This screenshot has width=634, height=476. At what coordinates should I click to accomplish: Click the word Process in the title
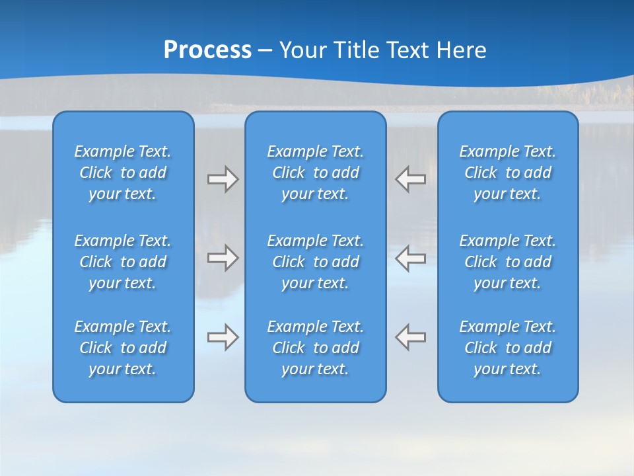207,50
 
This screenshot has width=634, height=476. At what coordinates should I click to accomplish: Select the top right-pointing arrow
223,179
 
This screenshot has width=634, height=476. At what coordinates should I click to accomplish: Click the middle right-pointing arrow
223,258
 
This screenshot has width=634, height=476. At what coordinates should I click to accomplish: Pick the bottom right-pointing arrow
223,337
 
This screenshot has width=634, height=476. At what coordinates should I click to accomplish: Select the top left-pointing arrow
411,179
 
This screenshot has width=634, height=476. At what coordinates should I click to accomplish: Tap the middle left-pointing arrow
411,258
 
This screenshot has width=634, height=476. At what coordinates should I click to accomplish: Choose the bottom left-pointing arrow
411,337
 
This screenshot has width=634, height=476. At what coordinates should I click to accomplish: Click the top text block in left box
123,173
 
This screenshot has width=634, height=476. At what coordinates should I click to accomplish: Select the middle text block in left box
123,262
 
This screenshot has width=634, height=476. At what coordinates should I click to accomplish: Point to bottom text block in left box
123,348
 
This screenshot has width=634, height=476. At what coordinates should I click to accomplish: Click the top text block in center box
316,173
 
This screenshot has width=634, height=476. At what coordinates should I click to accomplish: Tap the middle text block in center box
316,262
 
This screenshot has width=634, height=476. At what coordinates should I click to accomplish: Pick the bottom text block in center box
316,348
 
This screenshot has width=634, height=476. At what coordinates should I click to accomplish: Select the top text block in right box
508,173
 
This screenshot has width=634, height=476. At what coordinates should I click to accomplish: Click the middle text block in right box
508,262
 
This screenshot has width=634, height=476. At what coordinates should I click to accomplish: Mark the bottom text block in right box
508,348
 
